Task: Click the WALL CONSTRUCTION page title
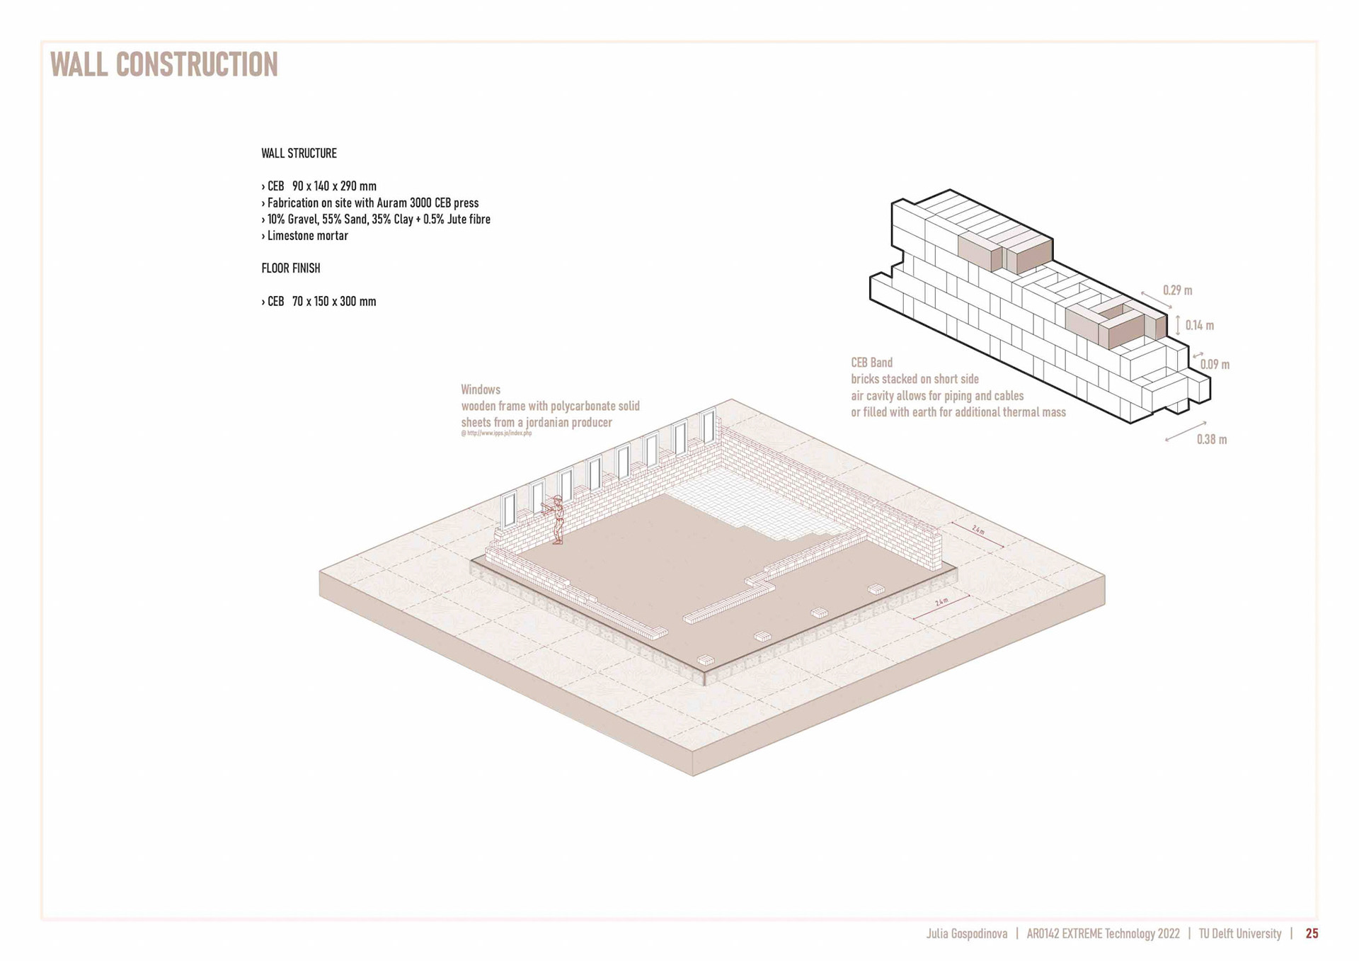pyautogui.click(x=164, y=64)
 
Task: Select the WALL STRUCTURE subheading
pyautogui.click(x=299, y=153)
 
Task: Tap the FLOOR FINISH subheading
pyautogui.click(x=290, y=268)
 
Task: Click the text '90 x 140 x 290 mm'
pyautogui.click(x=334, y=186)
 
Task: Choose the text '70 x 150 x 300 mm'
pyautogui.click(x=334, y=302)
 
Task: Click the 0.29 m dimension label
pyautogui.click(x=1177, y=290)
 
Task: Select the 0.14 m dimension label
pyautogui.click(x=1199, y=326)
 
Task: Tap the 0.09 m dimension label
pyautogui.click(x=1215, y=365)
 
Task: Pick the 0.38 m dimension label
pyautogui.click(x=1212, y=440)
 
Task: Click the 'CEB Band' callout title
pyautogui.click(x=871, y=363)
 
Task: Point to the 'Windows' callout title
pyautogui.click(x=481, y=389)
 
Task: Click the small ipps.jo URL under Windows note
pyautogui.click(x=496, y=433)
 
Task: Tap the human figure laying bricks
pyautogui.click(x=557, y=519)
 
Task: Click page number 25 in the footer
pyautogui.click(x=1312, y=934)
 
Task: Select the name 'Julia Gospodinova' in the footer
pyautogui.click(x=966, y=934)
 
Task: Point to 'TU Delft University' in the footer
pyautogui.click(x=1239, y=934)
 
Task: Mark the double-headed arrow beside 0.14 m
pyautogui.click(x=1178, y=325)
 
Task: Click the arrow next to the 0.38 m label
pyautogui.click(x=1186, y=432)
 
